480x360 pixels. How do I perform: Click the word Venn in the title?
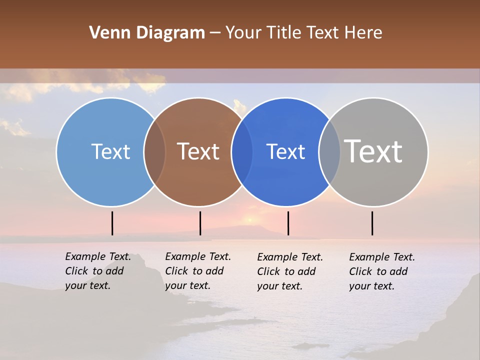(105, 33)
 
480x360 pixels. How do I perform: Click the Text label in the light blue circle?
(110, 151)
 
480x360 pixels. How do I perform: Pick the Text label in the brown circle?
(198, 151)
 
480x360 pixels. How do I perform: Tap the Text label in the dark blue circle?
(285, 151)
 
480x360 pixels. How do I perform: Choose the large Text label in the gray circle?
(373, 151)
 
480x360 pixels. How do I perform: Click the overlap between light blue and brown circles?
(154, 151)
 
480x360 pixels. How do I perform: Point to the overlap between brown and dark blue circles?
(242, 151)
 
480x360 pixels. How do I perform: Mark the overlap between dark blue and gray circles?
(329, 151)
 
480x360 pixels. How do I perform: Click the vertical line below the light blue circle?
(112, 223)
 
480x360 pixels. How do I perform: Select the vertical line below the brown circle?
(200, 223)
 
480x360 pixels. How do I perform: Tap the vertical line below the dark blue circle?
(288, 223)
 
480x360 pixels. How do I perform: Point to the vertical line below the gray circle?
(372, 223)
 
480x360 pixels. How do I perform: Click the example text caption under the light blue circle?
(97, 271)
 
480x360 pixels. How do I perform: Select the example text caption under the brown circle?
(197, 271)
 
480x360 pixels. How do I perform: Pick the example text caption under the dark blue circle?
(289, 271)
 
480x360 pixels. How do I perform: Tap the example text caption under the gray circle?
(381, 271)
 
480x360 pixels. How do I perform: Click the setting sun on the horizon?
(249, 220)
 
